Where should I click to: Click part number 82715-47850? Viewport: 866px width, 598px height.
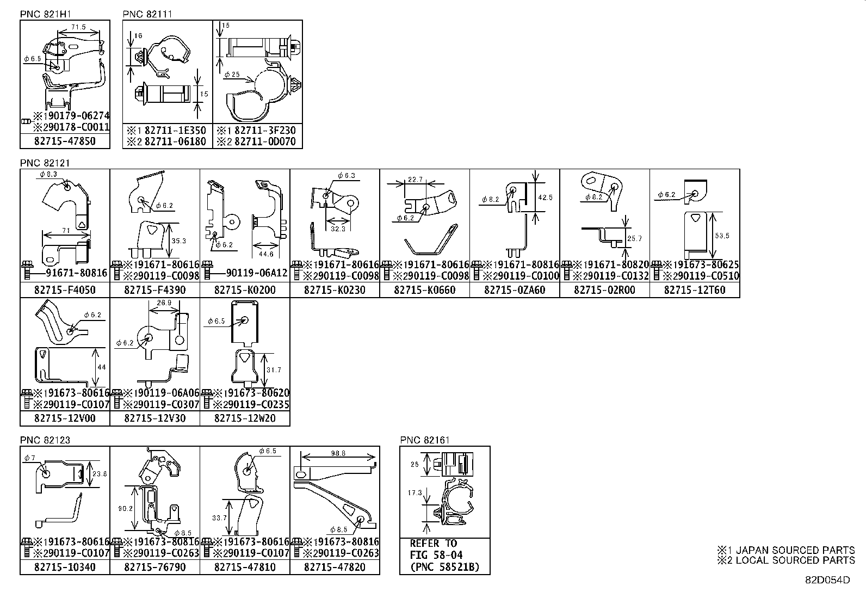point(65,141)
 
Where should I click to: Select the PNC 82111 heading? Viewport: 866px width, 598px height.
point(147,14)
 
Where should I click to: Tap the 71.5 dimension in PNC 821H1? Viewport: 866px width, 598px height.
point(78,26)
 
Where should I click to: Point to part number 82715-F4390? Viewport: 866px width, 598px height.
point(154,290)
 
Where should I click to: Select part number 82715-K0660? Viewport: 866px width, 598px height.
point(424,290)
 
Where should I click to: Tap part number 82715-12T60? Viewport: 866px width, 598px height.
point(695,290)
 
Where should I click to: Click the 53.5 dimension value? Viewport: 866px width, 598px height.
point(722,236)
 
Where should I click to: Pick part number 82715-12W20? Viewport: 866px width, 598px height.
point(245,418)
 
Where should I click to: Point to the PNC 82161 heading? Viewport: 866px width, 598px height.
point(425,440)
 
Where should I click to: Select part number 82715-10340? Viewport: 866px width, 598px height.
point(65,567)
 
